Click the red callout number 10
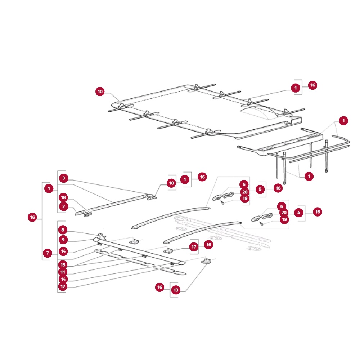tap(100, 92)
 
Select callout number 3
tap(64, 178)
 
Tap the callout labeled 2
tap(64, 206)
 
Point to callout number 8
tap(63, 230)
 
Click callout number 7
tap(48, 253)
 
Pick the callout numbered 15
tap(63, 265)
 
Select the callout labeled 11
tap(63, 272)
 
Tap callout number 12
tap(63, 287)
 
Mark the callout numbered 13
tap(176, 290)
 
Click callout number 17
tap(194, 247)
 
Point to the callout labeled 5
tap(260, 189)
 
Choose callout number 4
tap(299, 213)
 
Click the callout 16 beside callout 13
tap(160, 287)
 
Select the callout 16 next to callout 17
tap(209, 245)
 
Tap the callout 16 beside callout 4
tap(318, 212)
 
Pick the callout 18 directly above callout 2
tap(63, 197)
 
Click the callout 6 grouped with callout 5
tap(244, 184)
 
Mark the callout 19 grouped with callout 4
tap(284, 219)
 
